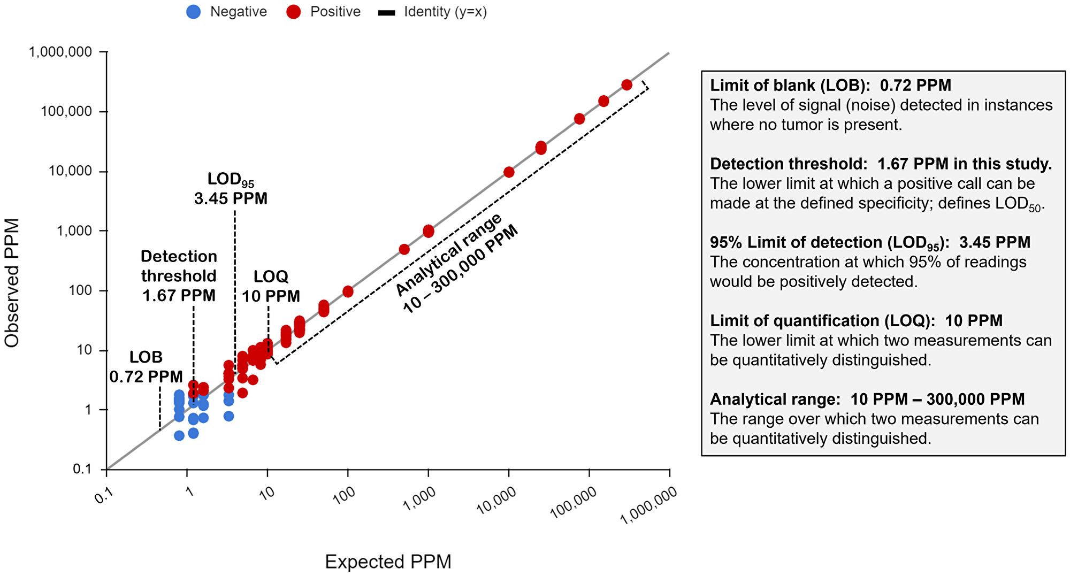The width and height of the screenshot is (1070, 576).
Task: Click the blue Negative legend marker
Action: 194,12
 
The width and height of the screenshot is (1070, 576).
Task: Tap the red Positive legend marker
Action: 293,12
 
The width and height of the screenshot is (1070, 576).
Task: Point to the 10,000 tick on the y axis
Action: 78,171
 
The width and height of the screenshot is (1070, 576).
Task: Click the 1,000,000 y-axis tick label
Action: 60,52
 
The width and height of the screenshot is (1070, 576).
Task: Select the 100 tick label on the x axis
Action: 343,496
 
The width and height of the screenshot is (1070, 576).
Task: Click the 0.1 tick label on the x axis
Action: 104,497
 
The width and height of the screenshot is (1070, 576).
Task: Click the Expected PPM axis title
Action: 388,562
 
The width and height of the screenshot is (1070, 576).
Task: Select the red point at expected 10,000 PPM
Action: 509,172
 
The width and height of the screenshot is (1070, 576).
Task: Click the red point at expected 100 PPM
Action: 348,291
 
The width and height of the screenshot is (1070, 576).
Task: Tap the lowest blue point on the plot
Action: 179,436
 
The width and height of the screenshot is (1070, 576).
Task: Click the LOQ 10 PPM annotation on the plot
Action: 271,286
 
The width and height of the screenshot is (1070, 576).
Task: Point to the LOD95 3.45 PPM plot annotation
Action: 231,189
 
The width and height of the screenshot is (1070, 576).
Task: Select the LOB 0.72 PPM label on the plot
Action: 146,367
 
